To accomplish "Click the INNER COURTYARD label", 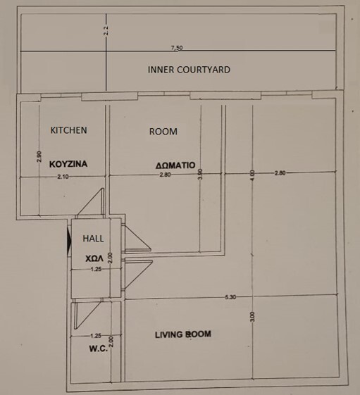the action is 189,70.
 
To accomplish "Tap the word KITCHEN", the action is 68,130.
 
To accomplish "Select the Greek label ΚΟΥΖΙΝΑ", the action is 68,164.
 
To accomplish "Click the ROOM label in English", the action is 163,131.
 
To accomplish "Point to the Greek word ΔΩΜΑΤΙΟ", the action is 175,165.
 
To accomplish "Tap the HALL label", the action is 93,238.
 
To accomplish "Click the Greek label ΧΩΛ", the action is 94,258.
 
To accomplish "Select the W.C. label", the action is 99,349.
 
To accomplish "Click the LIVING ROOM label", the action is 183,334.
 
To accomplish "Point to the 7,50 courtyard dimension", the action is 177,48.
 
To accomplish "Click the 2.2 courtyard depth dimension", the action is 106,31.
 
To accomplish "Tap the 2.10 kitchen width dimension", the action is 63,177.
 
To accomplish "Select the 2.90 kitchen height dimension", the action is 39,157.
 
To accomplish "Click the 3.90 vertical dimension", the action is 200,174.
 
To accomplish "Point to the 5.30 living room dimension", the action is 230,297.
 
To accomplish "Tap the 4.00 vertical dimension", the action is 253,175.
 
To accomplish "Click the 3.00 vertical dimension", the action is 253,317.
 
